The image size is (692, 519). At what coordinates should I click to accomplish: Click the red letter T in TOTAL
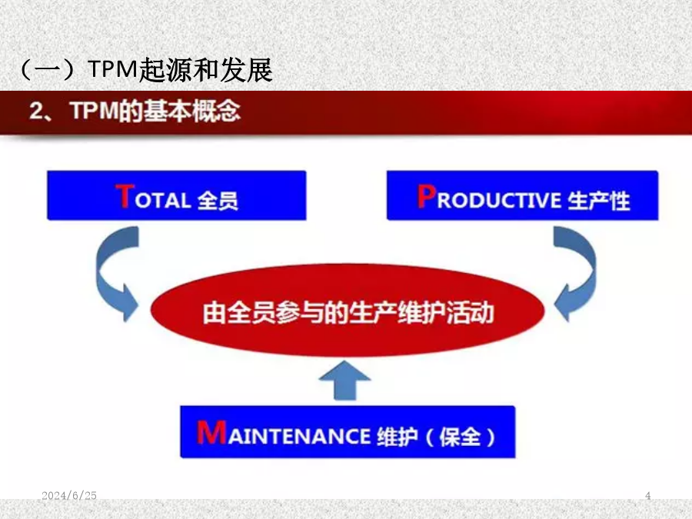coord(125,196)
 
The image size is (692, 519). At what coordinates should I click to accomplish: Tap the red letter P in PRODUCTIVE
coord(427,196)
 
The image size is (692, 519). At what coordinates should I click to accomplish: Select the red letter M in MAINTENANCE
coord(212,432)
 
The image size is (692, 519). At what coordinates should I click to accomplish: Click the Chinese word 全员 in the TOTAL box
coord(218,201)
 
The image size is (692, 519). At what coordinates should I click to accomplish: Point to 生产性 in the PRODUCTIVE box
coord(598,201)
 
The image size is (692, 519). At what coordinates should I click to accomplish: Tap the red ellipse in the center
coord(348,311)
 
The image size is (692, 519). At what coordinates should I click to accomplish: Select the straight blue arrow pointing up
coord(344,381)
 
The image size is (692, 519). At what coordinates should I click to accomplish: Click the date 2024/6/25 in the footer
coord(69,496)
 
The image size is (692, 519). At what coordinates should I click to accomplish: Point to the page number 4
coord(647,496)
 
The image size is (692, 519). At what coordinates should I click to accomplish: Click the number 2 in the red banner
coord(36,110)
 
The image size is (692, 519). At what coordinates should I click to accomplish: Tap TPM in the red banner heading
coord(95,110)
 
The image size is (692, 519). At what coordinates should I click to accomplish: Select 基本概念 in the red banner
coord(192,110)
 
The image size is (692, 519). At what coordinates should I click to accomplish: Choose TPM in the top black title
coord(114,69)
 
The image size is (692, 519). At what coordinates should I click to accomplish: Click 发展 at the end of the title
coord(246,70)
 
